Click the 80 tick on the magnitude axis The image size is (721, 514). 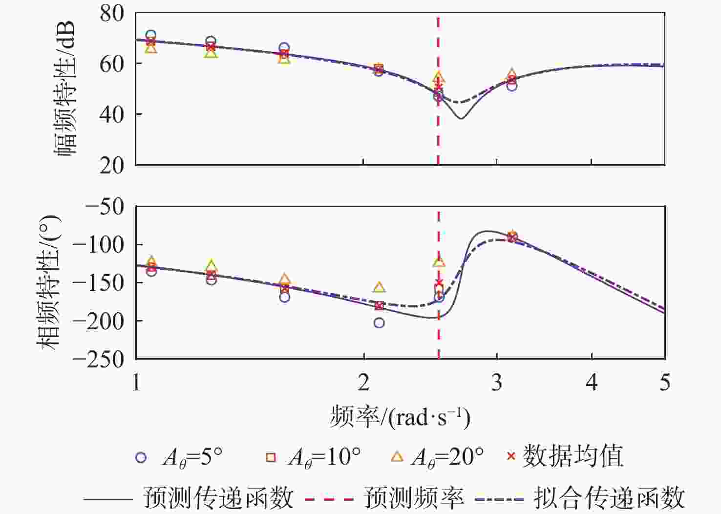point(112,13)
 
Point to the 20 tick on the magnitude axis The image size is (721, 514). point(112,166)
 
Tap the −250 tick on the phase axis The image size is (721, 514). point(98,359)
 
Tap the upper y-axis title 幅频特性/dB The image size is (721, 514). point(65,88)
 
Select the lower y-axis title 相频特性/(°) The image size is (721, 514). point(49,282)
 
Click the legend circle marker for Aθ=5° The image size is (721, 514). point(141,458)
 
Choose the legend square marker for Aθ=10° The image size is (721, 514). point(271,458)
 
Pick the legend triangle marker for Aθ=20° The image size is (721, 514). point(397,457)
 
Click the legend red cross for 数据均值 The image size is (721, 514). point(511,457)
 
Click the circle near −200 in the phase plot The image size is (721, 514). point(379,323)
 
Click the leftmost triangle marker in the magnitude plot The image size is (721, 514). point(151,48)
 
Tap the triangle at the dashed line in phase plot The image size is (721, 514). point(439,262)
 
